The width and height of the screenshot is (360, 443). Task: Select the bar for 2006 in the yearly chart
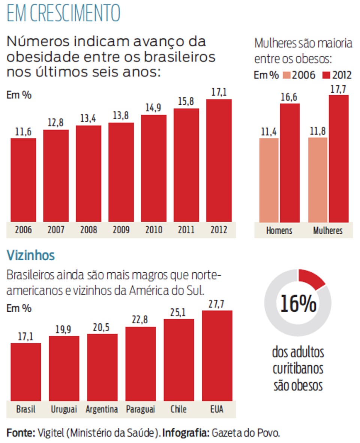pos(23,180)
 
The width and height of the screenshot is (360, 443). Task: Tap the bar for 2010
pos(154,169)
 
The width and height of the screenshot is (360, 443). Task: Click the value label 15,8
pos(186,102)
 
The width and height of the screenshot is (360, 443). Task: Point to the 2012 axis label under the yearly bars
pos(219,230)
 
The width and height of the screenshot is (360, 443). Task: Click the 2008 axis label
pos(88,230)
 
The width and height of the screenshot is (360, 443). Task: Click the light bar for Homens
pos(269,180)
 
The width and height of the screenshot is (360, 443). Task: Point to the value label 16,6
pos(289,97)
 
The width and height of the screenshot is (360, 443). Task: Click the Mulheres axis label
pos(328,230)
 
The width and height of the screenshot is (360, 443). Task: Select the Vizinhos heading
pos(31,256)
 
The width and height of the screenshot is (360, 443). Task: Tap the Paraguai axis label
pos(140,409)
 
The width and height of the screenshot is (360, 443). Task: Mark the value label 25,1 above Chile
pos(178,312)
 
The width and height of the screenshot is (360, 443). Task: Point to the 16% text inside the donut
pos(298,304)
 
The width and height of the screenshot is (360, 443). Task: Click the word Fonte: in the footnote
pos(21,433)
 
